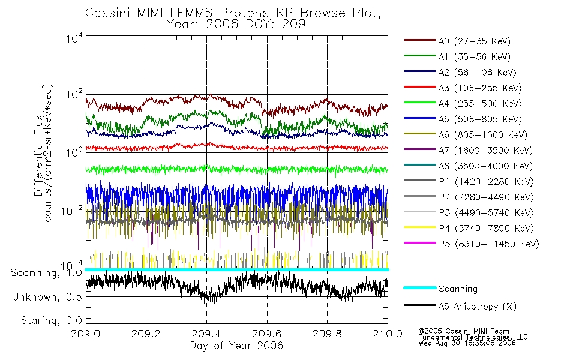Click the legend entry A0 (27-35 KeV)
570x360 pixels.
point(474,41)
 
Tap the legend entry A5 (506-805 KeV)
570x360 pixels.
point(476,119)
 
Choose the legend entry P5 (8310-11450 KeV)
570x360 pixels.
point(481,244)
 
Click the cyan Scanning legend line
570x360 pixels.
point(419,289)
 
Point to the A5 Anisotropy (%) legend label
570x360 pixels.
point(477,307)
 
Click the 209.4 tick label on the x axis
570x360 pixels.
point(206,335)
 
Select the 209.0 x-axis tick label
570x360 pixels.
point(86,335)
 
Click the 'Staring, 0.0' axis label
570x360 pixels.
point(50,320)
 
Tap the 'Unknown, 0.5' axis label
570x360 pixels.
point(47,297)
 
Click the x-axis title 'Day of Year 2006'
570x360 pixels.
point(236,346)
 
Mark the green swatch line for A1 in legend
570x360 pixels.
point(419,57)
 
